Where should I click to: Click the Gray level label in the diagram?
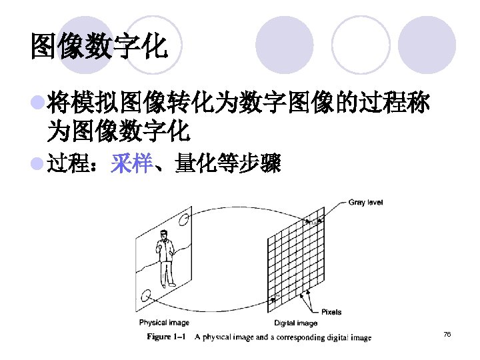(x=365, y=202)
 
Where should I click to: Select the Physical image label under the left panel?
(x=164, y=323)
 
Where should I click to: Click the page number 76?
(x=447, y=333)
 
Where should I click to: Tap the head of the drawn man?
(x=162, y=234)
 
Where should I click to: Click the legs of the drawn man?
(x=165, y=275)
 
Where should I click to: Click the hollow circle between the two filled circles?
(x=360, y=44)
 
